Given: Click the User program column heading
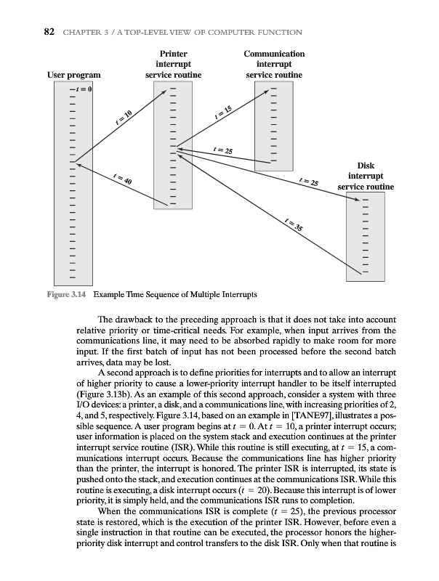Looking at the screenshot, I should point(73,75).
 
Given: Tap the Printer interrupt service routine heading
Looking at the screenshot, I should point(173,65).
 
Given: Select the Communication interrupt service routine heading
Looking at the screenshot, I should point(274,65).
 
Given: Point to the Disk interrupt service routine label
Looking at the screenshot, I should point(366,176).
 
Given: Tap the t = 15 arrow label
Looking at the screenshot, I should point(222,112).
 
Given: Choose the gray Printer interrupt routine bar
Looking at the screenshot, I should point(173,145).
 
